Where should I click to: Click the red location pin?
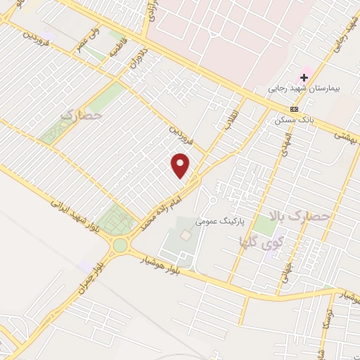pos(181,165)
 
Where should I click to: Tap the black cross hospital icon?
pos(304,77)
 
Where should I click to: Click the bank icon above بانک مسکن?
pos(294,109)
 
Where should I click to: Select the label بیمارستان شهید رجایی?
pos(299,89)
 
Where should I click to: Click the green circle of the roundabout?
pos(120,245)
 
